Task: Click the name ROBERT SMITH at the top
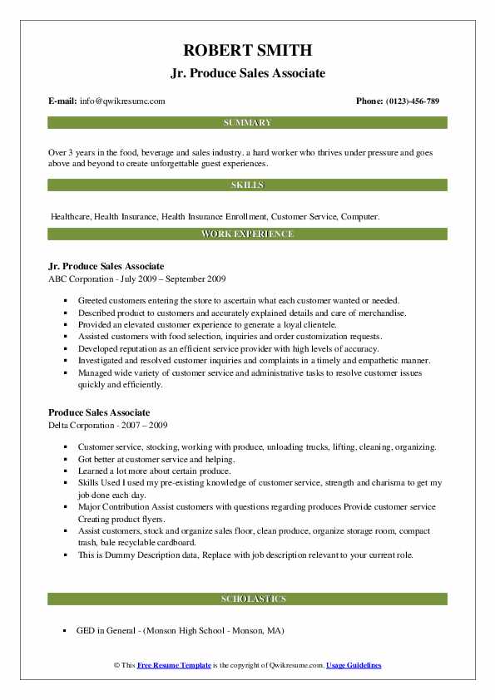click(x=247, y=50)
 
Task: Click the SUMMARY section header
click(x=247, y=123)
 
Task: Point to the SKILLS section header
click(x=247, y=185)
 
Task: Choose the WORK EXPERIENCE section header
click(x=247, y=234)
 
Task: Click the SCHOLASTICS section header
click(x=247, y=599)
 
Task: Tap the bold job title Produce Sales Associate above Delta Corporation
click(x=99, y=412)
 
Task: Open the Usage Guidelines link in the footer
click(x=354, y=666)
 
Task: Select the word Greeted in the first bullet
click(x=94, y=300)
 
